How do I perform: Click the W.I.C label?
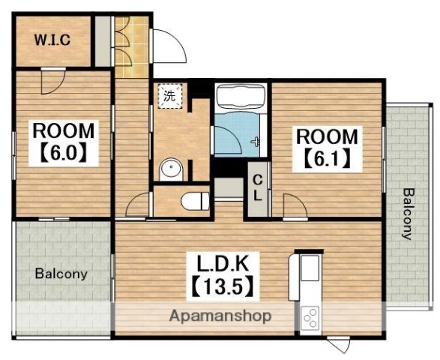point(52,40)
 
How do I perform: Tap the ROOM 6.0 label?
point(64,143)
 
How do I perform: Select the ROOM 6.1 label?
point(328,148)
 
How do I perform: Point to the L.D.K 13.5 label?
point(223,275)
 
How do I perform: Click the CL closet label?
point(258,187)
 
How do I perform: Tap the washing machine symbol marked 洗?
point(170,96)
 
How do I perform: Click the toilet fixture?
point(196,201)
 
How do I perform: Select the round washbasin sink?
point(171,169)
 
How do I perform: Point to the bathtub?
point(241,97)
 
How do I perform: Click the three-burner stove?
point(310,318)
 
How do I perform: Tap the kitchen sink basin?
point(310,267)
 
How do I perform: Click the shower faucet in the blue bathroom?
point(256,141)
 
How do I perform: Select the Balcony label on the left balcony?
point(61,274)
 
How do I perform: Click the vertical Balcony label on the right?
point(408,214)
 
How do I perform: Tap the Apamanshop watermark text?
point(220,316)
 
